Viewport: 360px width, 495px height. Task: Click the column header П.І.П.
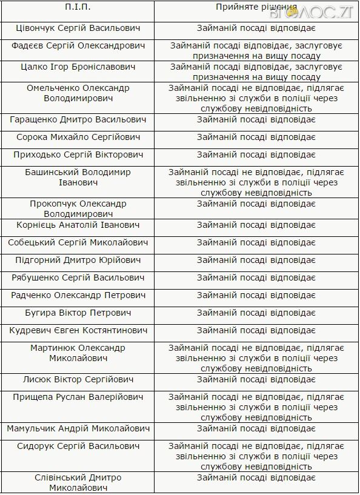tap(78, 7)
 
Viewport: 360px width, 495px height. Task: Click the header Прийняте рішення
tap(256, 7)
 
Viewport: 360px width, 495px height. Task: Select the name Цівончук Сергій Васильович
tap(78, 28)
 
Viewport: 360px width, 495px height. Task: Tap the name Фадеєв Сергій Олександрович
tap(78, 46)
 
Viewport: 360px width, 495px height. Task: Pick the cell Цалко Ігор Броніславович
tap(78, 66)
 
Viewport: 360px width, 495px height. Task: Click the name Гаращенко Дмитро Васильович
tap(78, 119)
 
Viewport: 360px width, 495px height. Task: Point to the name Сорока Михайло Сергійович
tap(78, 137)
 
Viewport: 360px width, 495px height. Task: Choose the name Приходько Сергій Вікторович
tap(78, 154)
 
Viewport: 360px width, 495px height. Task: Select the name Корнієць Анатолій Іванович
tap(78, 225)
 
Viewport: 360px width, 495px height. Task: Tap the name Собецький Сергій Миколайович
tap(78, 242)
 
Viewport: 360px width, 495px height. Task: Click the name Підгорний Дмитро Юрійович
tap(78, 260)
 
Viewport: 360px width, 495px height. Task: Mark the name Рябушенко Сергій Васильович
tap(78, 277)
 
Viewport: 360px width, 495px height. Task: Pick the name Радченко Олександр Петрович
tap(78, 295)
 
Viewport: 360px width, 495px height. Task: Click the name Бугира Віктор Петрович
tap(78, 313)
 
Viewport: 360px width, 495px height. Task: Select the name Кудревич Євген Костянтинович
tap(78, 330)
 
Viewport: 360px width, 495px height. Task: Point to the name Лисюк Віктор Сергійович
tap(78, 379)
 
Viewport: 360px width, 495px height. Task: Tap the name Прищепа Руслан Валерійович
tap(78, 397)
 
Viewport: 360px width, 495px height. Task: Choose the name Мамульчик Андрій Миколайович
tap(78, 428)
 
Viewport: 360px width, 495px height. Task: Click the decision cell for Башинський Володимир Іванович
tap(256, 182)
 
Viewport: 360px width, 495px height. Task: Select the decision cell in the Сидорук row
tap(256, 456)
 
